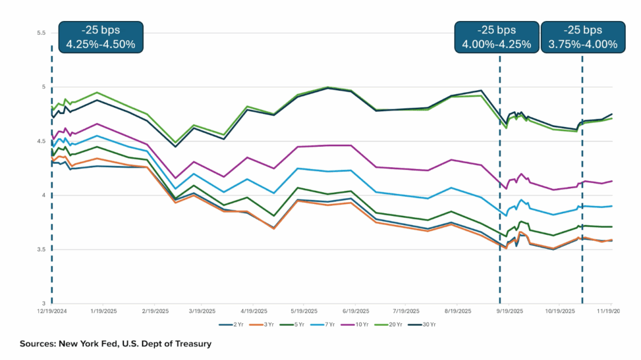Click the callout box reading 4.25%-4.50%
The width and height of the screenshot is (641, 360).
pyautogui.click(x=101, y=37)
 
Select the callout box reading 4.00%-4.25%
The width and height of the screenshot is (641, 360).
pyautogui.click(x=496, y=37)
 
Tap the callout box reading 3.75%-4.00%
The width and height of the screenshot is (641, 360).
pyautogui.click(x=583, y=37)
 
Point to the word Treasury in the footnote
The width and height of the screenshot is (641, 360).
pyautogui.click(x=191, y=344)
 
